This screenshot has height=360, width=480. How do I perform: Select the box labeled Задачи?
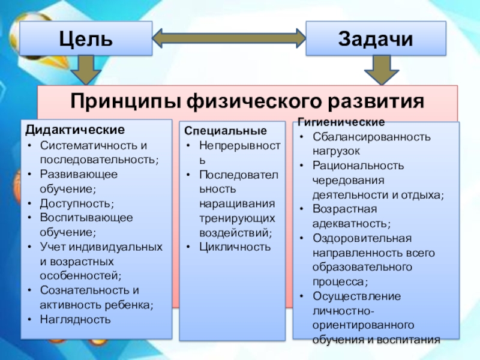(376, 39)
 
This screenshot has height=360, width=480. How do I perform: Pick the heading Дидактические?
(75, 130)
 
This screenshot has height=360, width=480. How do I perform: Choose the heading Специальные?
(225, 131)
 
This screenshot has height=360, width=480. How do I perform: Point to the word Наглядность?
(75, 319)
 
